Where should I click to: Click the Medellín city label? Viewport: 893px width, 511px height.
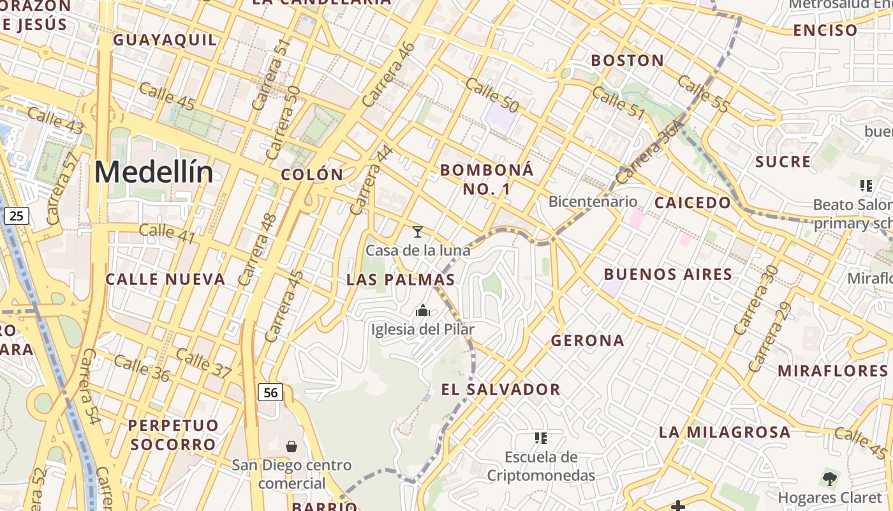pyautogui.click(x=154, y=172)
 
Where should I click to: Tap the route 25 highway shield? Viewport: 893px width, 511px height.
pyautogui.click(x=16, y=216)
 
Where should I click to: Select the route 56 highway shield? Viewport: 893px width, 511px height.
pyautogui.click(x=270, y=392)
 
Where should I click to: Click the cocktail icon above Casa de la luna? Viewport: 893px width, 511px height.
pyautogui.click(x=418, y=231)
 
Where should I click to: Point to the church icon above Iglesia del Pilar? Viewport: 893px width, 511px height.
pyautogui.click(x=423, y=311)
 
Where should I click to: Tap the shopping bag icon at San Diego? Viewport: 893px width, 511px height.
pyautogui.click(x=292, y=446)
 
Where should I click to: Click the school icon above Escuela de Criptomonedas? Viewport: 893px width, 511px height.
pyautogui.click(x=541, y=438)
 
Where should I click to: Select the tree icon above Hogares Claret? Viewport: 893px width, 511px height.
pyautogui.click(x=829, y=478)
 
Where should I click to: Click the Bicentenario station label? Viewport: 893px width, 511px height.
pyautogui.click(x=593, y=202)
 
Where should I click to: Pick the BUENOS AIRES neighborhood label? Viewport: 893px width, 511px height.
pyautogui.click(x=668, y=275)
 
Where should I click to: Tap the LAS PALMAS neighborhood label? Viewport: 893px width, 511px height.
pyautogui.click(x=401, y=280)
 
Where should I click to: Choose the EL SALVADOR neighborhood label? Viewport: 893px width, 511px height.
pyautogui.click(x=501, y=389)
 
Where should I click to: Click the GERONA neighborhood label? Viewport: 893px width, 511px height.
pyautogui.click(x=587, y=340)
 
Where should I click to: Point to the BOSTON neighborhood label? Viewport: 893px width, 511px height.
pyautogui.click(x=627, y=61)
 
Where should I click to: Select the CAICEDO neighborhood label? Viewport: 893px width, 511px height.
pyautogui.click(x=693, y=203)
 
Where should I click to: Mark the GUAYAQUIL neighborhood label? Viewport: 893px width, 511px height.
pyautogui.click(x=165, y=40)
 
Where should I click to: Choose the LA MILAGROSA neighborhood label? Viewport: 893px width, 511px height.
pyautogui.click(x=725, y=432)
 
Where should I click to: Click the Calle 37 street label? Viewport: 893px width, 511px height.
pyautogui.click(x=203, y=362)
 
